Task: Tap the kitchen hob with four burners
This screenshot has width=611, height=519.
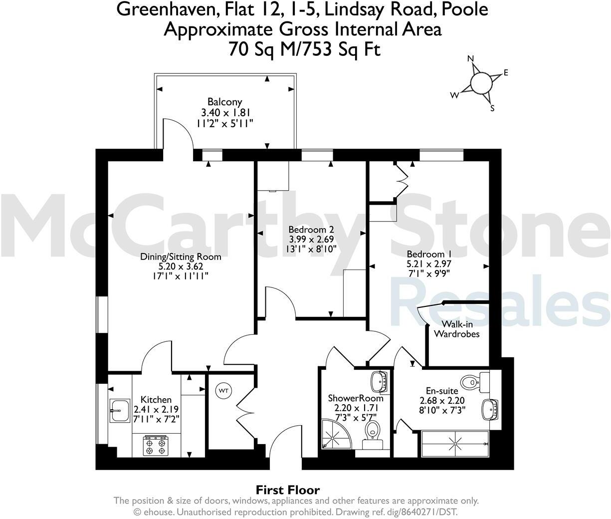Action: (155, 445)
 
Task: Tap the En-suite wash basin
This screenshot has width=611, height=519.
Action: (490, 410)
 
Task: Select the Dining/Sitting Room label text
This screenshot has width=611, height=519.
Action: (180, 257)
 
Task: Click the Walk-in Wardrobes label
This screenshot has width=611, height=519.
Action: (457, 329)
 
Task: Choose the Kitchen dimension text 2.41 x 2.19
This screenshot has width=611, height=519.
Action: (156, 409)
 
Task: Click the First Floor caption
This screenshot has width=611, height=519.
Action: (288, 490)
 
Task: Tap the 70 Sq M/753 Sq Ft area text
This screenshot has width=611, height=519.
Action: (304, 49)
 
